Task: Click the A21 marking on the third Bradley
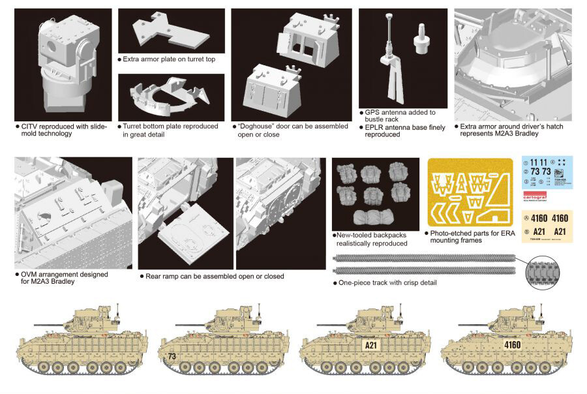click(x=370, y=344)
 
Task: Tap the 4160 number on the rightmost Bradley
click(x=512, y=344)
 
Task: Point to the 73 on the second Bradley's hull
click(x=172, y=357)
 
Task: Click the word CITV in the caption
click(x=31, y=126)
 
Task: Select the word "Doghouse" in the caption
click(x=260, y=126)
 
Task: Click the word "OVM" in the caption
click(x=31, y=275)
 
